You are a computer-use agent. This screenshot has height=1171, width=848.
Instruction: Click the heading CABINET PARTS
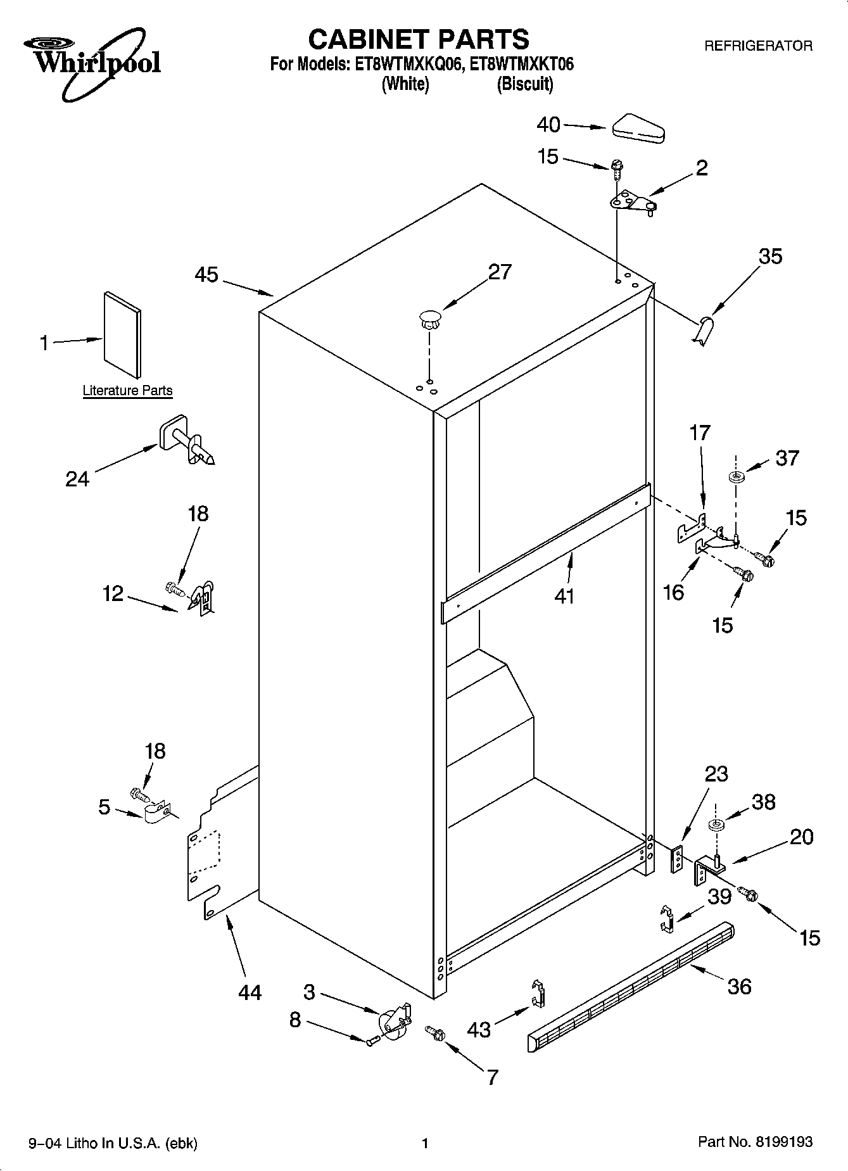pyautogui.click(x=418, y=39)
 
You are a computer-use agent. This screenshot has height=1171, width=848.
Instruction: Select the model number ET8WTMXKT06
pyautogui.click(x=522, y=64)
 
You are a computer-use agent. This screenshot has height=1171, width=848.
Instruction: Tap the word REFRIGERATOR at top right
pyautogui.click(x=758, y=46)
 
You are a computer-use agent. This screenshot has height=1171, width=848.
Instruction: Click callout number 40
pyautogui.click(x=548, y=125)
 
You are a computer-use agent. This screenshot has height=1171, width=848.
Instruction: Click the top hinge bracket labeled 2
pyautogui.click(x=631, y=203)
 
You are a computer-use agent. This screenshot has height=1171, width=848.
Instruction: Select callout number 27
pyautogui.click(x=500, y=272)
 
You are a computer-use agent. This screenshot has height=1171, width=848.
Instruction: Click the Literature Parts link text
pyautogui.click(x=127, y=391)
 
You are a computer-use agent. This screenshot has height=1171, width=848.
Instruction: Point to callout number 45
pyautogui.click(x=206, y=275)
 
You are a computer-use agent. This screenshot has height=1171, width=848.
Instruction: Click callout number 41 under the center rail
pyautogui.click(x=564, y=596)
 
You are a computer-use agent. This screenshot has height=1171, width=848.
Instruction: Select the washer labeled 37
pyautogui.click(x=736, y=476)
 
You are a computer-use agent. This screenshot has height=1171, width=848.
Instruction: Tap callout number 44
pyautogui.click(x=250, y=992)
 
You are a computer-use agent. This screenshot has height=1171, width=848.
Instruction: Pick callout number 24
pyautogui.click(x=77, y=479)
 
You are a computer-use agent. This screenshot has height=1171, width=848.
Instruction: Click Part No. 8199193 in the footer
pyautogui.click(x=755, y=1142)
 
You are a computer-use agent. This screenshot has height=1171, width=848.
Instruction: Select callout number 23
pyautogui.click(x=716, y=774)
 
